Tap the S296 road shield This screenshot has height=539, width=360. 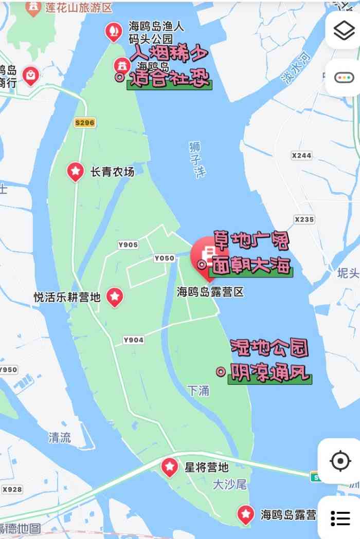(x=85, y=123)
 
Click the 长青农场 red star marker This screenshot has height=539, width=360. (x=76, y=171)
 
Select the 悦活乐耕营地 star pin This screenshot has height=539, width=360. (x=115, y=296)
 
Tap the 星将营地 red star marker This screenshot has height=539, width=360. (x=170, y=467)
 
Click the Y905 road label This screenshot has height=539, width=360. (x=128, y=245)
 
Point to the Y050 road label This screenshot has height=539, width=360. (x=164, y=258)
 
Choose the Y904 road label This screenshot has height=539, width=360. (x=133, y=340)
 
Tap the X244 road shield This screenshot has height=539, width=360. (x=301, y=155)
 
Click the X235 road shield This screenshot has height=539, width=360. (x=304, y=219)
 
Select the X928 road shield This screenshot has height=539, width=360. (x=12, y=489)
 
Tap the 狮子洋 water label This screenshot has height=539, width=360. (x=195, y=159)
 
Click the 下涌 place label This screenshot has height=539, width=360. (x=199, y=391)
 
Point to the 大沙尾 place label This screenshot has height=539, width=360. (x=230, y=484)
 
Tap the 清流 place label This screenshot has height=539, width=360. (x=60, y=438)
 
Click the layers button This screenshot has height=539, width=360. (x=344, y=30)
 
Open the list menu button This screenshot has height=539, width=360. (x=340, y=518)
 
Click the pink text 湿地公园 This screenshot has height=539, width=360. (x=268, y=348)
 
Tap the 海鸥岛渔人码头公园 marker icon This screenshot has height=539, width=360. (x=113, y=32)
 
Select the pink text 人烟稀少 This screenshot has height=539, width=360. (x=170, y=54)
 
